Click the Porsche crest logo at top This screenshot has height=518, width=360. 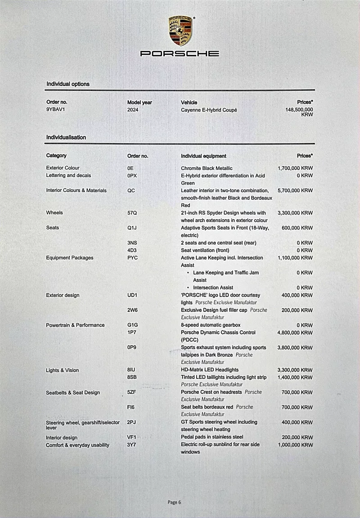coord(180,31)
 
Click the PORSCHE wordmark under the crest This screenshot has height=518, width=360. coord(180,54)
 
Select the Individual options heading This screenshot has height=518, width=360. coord(68,84)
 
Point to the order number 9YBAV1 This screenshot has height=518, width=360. coord(56,109)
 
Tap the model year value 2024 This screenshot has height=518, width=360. coord(133,110)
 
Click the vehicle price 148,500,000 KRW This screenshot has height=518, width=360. coord(299,112)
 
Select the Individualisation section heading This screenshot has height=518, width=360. coord(66,137)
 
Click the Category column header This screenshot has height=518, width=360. coord(56,156)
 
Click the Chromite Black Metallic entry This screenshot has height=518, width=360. coord(207,168)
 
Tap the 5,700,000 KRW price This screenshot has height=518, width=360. coord(295,191)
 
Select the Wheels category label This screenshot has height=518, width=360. coord(54,213)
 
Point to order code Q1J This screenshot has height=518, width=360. coord(132,228)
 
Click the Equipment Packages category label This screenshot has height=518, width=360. coord(70,258)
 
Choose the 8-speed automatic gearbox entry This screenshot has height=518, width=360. coord(211,325)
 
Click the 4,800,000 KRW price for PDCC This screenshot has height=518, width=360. coord(295,333)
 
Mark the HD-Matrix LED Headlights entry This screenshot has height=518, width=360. coord(210,370)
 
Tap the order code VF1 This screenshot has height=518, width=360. coord(132,437)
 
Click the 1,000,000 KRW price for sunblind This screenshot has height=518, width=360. coord(295,445)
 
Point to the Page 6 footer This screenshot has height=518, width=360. coord(174,502)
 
